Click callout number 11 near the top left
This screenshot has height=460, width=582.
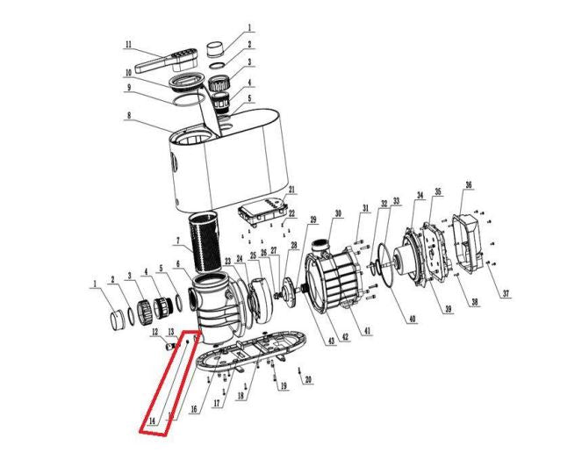128,44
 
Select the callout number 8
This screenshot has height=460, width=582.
129,115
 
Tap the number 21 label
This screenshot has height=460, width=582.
291,190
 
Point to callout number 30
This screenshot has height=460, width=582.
338,213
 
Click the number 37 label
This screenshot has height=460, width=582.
506,294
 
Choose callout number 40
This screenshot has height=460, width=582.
412,319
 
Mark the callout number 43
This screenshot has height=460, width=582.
331,341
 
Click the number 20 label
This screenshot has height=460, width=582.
308,379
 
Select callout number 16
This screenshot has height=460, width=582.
193,409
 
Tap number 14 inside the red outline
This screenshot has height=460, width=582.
152,421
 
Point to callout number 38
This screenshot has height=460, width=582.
474,302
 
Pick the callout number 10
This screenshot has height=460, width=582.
128,73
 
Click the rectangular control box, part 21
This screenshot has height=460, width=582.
263,212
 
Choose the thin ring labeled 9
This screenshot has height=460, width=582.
189,99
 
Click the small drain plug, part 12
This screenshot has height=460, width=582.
169,347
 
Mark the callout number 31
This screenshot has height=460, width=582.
366,208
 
